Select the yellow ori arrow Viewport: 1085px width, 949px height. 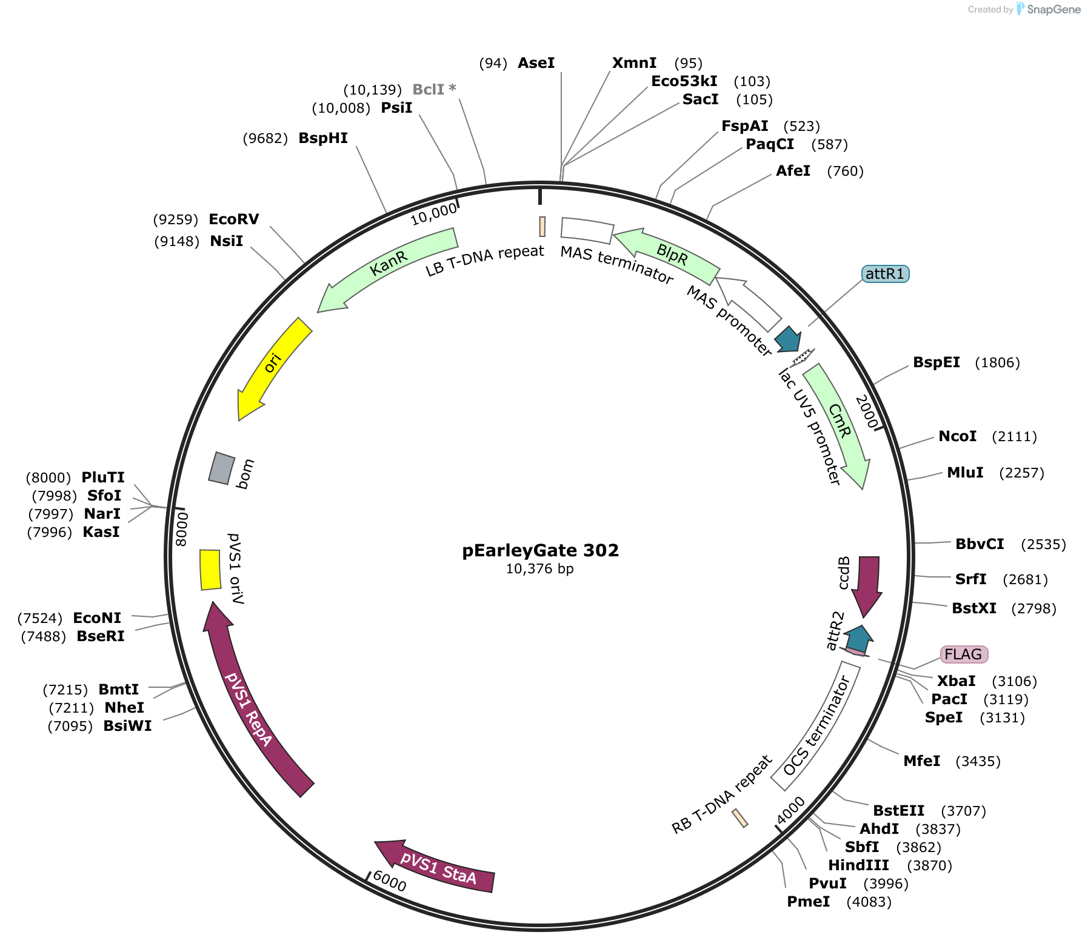coord(272,367)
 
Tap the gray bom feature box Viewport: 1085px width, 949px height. coord(221,468)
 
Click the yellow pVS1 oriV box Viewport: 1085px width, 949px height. coord(210,570)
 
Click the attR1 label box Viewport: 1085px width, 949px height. coord(886,274)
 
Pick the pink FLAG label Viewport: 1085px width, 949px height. coord(964,654)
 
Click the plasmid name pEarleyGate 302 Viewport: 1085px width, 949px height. coord(541,550)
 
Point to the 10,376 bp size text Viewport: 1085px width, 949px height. coord(540,569)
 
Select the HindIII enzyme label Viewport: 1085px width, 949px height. coord(859,865)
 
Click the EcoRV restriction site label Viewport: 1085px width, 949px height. coord(233,219)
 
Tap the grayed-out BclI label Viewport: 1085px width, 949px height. coord(434,90)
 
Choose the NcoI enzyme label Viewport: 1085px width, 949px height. coord(958,436)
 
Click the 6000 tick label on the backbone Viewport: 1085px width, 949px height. coord(390,881)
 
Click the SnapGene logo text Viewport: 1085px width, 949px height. coord(1053,9)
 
